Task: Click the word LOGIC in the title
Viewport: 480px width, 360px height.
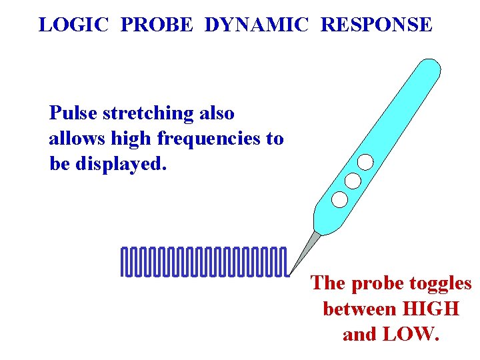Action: [74, 25]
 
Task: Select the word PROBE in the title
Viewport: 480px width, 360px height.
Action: [159, 25]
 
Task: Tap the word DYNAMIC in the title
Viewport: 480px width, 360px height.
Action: [257, 25]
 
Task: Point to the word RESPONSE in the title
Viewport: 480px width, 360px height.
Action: [377, 25]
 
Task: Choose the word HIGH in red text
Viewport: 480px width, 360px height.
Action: [432, 309]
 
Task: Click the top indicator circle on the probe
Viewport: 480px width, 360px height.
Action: [365, 162]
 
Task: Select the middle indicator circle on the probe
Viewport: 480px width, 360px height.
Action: [353, 180]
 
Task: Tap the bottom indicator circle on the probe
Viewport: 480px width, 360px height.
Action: [339, 199]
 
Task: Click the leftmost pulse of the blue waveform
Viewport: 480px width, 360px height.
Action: [124, 261]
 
